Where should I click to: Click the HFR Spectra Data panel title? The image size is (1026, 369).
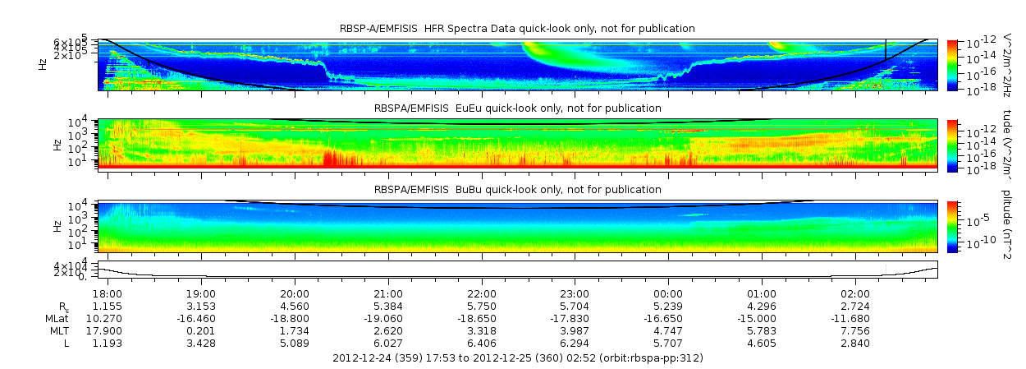517,29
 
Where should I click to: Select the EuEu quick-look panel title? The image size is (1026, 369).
517,108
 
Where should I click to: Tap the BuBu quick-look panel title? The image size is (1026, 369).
517,190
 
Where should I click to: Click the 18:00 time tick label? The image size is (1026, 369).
108,293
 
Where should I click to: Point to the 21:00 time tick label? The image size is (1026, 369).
388,293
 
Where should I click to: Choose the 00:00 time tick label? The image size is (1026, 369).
668,293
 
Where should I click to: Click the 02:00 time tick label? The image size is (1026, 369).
855,293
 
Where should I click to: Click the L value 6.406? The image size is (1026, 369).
482,343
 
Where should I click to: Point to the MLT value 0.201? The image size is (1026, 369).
201,330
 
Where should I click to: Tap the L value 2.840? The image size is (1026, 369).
855,343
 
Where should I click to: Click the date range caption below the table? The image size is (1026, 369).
518,358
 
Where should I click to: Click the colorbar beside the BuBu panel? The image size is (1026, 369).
952,226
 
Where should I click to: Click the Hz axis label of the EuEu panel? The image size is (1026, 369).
57,145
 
